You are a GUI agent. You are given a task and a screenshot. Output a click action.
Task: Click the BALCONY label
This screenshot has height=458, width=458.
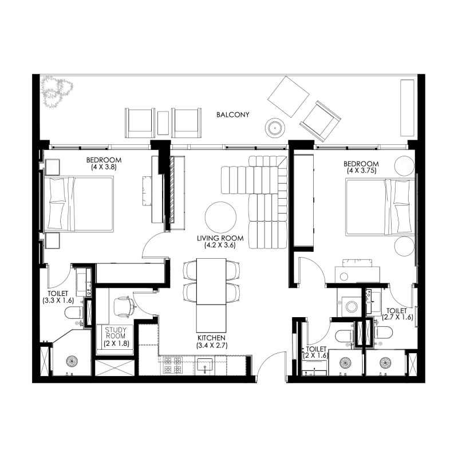tap(233, 115)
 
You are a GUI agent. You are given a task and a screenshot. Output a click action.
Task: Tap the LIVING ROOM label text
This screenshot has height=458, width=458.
tap(220, 238)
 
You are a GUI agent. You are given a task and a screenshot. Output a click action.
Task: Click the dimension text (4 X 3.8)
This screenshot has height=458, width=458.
tap(103, 167)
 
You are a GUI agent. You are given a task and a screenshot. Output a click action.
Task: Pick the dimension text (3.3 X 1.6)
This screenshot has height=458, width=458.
tap(59, 299)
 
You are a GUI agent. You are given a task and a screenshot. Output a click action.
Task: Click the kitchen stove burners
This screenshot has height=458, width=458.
tap(173, 365)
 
